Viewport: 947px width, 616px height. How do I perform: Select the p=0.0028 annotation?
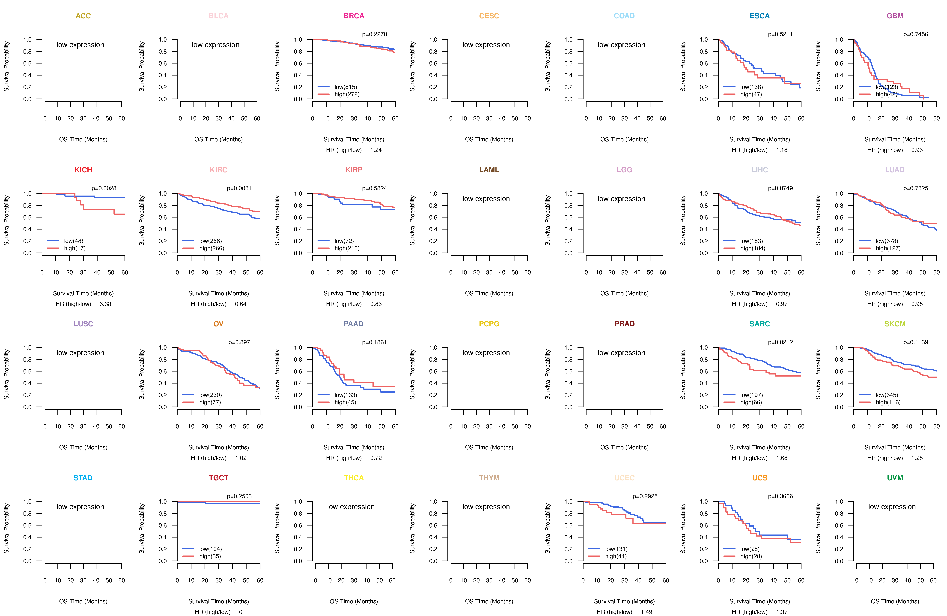[104, 188]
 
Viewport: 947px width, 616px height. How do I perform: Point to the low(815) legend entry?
[345, 87]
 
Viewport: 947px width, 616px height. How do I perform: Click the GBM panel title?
[895, 16]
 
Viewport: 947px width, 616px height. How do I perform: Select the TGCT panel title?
[218, 478]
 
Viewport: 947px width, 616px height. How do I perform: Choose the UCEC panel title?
[624, 478]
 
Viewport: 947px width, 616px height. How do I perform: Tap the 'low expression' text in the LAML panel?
[486, 199]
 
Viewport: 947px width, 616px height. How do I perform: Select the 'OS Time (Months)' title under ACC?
[83, 139]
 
